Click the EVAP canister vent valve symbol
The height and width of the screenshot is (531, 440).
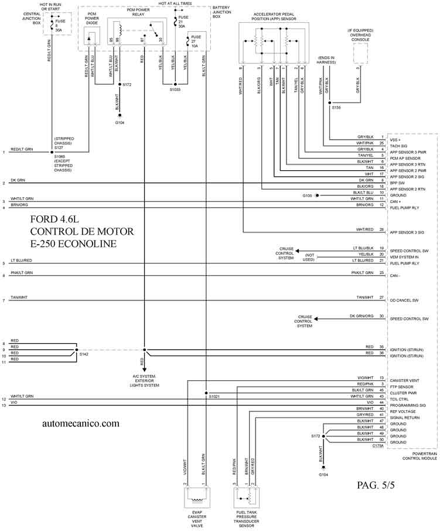[x=196, y=500]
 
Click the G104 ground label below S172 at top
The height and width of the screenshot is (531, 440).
[x=120, y=123]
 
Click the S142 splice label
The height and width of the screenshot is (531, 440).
[x=84, y=354]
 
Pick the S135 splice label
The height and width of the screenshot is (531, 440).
[x=336, y=107]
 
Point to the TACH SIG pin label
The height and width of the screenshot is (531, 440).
[x=400, y=143]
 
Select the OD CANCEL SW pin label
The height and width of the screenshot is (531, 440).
[x=404, y=300]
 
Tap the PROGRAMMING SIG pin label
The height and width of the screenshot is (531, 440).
[x=408, y=405]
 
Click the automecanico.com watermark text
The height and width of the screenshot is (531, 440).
[x=81, y=422]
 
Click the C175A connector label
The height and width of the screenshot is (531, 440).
[x=378, y=446]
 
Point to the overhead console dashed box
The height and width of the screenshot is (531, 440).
[x=360, y=53]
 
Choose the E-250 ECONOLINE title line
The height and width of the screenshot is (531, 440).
[x=74, y=243]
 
